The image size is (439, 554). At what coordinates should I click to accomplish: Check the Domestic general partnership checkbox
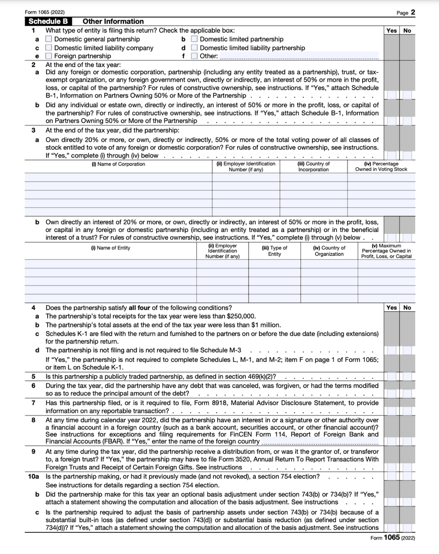coord(49,40)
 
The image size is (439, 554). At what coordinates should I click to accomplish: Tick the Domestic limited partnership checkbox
coord(194,40)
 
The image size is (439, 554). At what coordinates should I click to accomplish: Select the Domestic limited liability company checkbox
coord(49,48)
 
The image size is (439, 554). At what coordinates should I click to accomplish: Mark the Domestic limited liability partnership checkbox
coord(194,48)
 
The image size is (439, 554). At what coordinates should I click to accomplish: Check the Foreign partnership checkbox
coord(49,56)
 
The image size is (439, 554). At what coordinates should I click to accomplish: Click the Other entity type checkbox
coord(194,56)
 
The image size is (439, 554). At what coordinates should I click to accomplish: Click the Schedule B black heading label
coord(49,22)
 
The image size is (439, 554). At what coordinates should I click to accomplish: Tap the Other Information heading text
coord(113,22)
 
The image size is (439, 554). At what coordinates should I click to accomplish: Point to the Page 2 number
coord(406,13)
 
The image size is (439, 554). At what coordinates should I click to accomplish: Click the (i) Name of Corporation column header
coord(118,164)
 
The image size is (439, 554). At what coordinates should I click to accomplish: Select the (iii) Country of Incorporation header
coord(313,167)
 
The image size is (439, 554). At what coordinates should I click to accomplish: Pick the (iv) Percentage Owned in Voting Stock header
coord(381,167)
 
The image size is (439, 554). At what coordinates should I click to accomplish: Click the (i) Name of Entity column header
coord(111,248)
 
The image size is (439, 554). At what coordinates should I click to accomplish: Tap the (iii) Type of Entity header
coord(275,251)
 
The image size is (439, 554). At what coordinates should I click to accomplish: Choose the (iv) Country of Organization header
coord(329,251)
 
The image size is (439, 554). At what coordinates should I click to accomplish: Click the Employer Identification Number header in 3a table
coord(246,167)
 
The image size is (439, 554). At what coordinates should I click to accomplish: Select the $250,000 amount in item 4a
coord(241,317)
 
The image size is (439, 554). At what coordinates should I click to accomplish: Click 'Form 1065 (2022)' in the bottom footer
coord(393,538)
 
